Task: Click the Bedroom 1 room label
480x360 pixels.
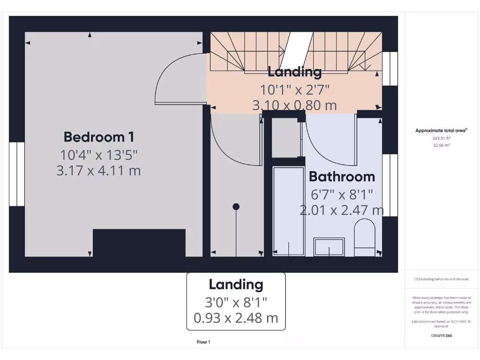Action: click(x=99, y=137)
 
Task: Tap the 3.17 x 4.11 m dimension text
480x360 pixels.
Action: click(x=98, y=170)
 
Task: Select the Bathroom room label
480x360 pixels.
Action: click(x=342, y=177)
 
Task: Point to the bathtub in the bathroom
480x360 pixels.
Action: click(x=288, y=211)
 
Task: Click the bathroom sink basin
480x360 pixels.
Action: click(x=329, y=247)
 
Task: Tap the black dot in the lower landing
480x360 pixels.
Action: click(x=236, y=207)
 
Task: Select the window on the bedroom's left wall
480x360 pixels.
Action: click(x=17, y=174)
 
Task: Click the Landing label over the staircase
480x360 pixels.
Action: click(x=294, y=72)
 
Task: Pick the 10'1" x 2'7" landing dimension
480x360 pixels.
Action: click(x=295, y=89)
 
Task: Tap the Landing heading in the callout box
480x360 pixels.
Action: click(x=236, y=284)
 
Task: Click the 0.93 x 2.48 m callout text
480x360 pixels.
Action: click(x=236, y=318)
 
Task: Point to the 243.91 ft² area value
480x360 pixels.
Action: click(x=441, y=138)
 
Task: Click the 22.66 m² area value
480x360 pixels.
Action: click(x=441, y=145)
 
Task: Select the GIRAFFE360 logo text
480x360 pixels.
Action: click(x=441, y=336)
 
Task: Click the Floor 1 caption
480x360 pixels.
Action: click(x=203, y=342)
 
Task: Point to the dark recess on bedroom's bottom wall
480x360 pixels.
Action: click(x=139, y=242)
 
